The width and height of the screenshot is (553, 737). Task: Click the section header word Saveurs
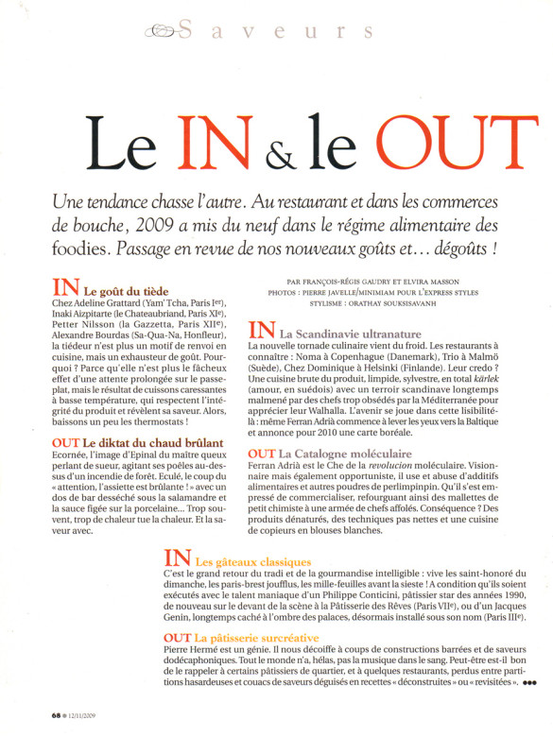coord(274,31)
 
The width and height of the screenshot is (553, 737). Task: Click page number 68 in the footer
coord(57,714)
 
